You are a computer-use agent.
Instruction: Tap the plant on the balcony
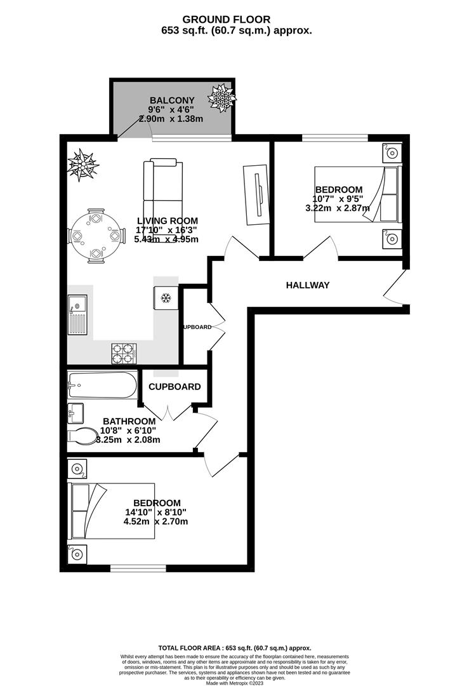pos(221,98)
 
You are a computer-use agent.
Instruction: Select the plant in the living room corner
pos(83,165)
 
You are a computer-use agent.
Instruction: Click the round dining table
pos(95,236)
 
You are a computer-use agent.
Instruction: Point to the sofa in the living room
pos(163,191)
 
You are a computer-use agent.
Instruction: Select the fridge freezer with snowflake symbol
pos(166,297)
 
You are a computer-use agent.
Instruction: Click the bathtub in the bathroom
pos(102,386)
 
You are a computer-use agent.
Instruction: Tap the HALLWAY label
pos(307,285)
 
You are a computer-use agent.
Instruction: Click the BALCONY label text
pos(171,100)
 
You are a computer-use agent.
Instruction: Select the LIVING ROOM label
pos(167,221)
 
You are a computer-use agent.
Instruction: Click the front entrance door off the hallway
pos(394,287)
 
